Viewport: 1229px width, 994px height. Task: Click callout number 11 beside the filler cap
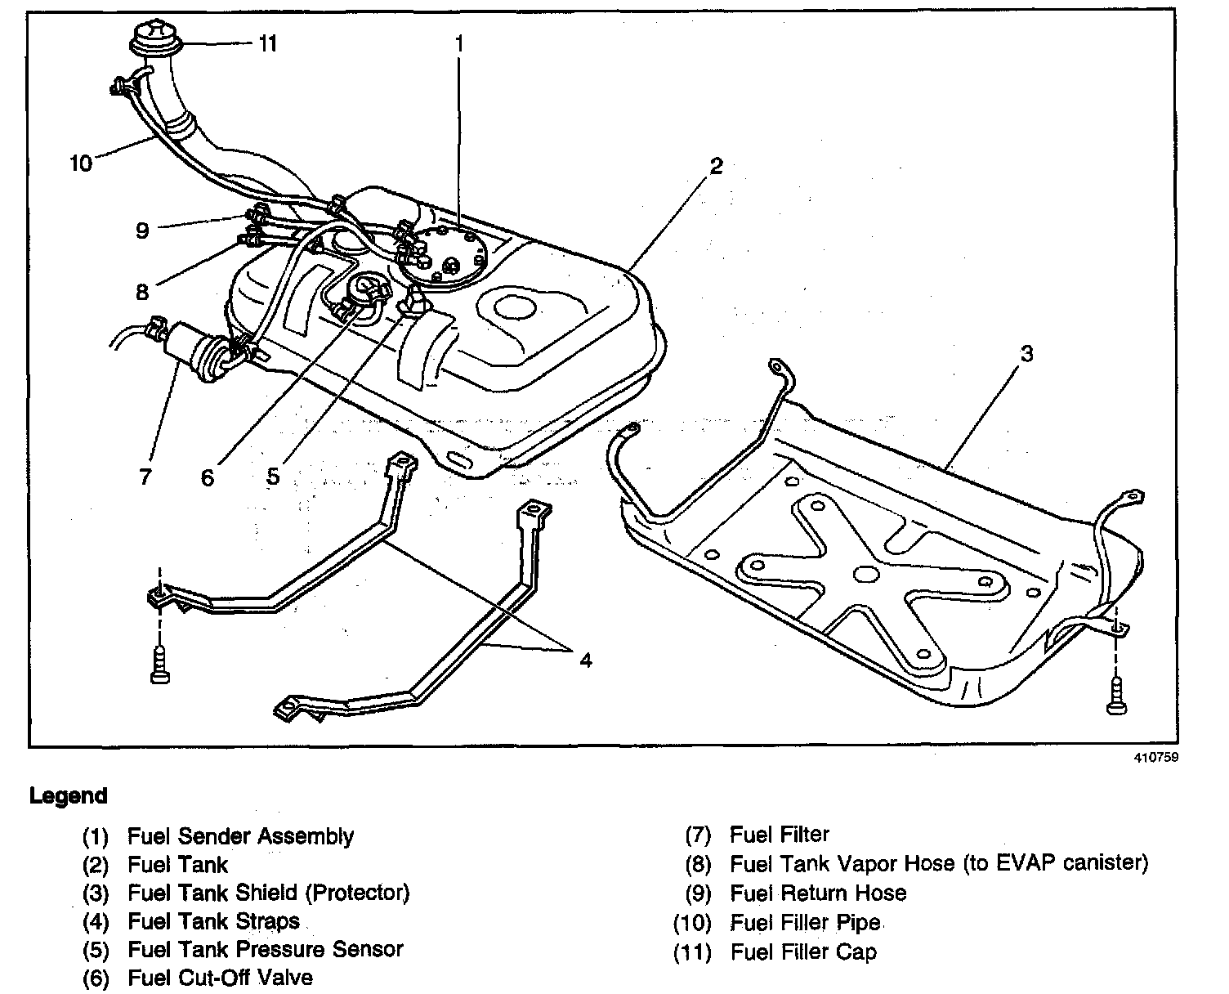267,43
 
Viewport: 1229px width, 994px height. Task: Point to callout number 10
81,163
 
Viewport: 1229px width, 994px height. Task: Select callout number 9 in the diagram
143,231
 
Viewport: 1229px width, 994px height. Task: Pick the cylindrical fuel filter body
190,350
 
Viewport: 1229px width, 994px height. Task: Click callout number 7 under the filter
145,476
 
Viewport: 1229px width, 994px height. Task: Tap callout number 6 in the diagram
208,477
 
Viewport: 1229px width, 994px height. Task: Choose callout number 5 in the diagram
272,475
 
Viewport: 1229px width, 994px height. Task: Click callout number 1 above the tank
459,43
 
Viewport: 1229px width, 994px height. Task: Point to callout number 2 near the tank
716,166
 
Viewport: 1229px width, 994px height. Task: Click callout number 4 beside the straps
585,660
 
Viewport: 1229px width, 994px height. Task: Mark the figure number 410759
1155,757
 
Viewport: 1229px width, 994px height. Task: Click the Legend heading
68,795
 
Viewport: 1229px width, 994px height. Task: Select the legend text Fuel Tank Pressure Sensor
265,949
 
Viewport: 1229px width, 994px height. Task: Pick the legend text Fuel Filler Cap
803,951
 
